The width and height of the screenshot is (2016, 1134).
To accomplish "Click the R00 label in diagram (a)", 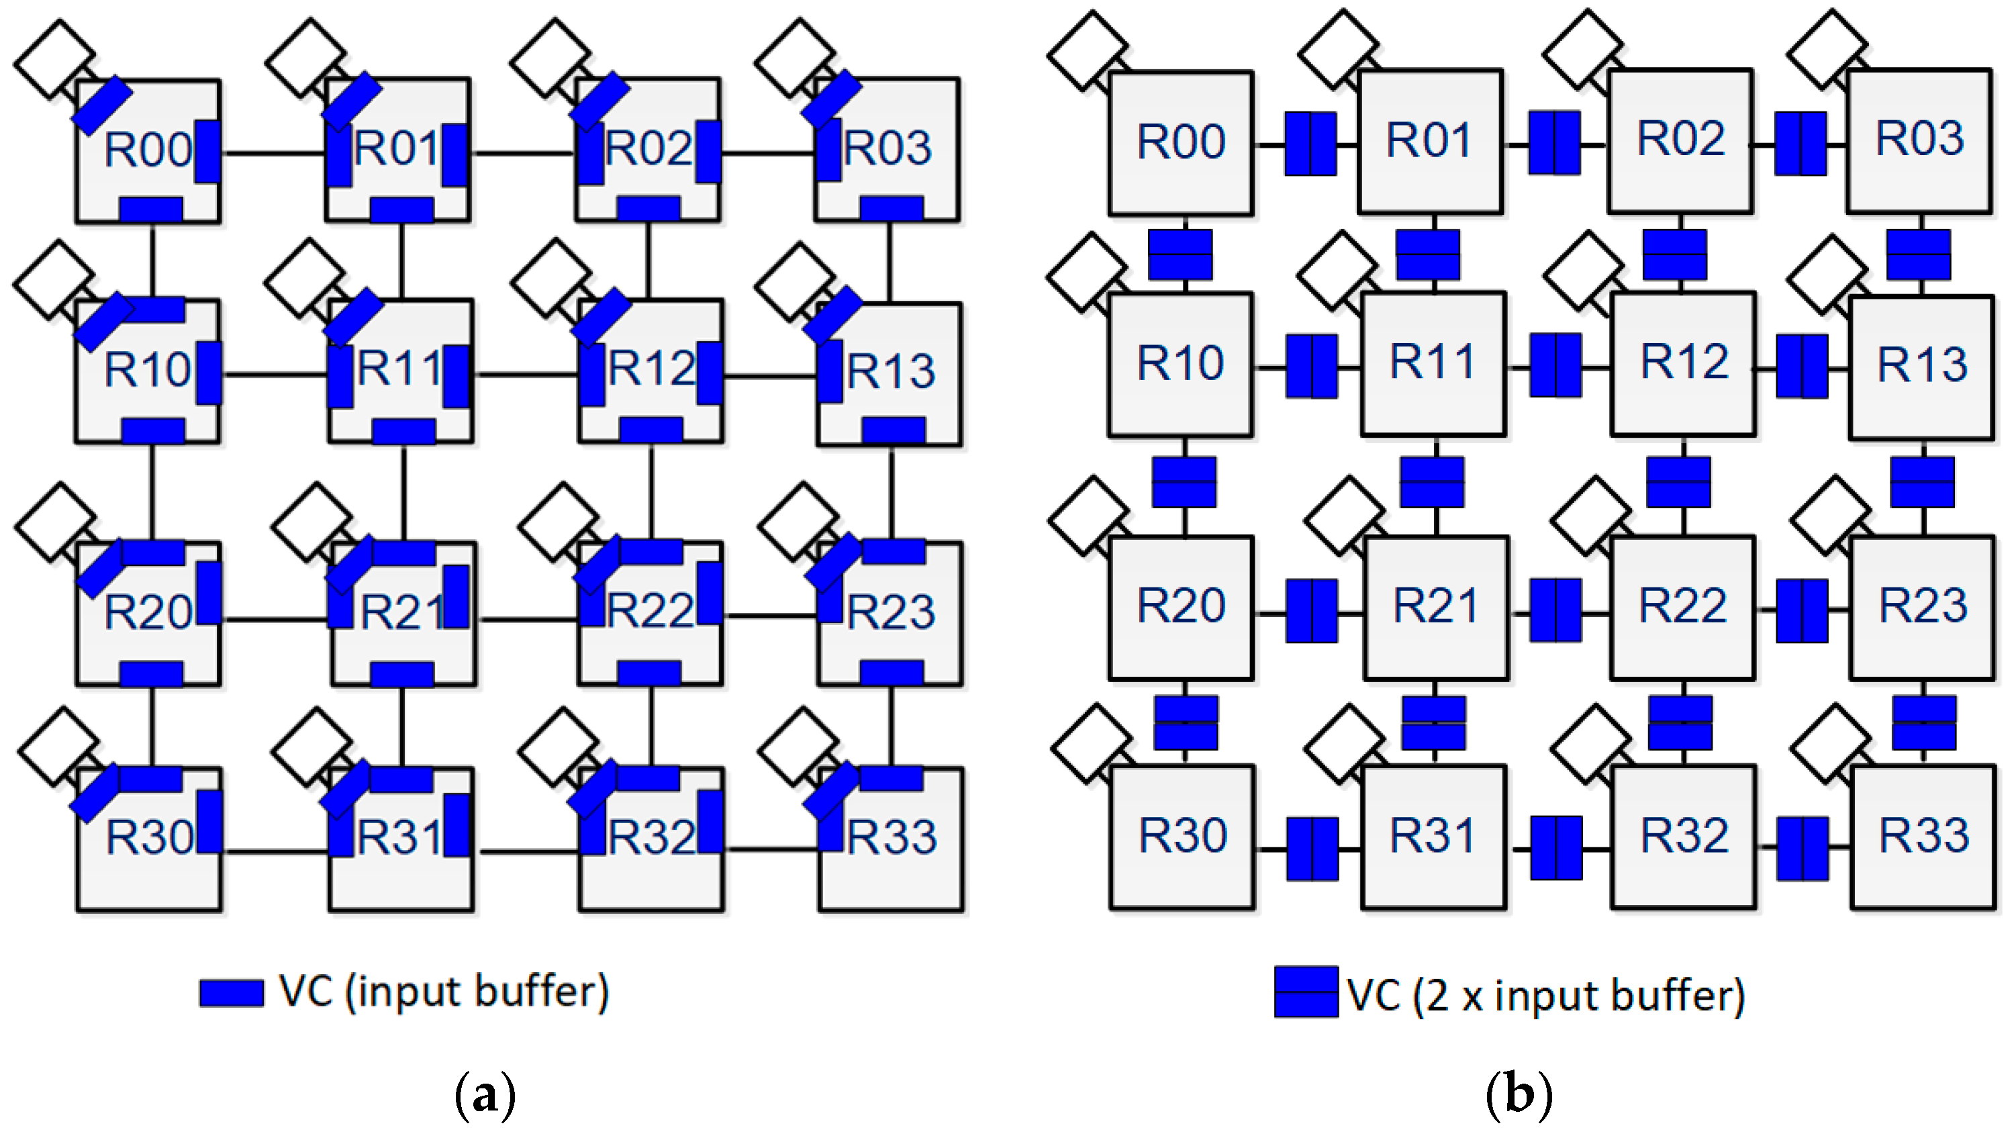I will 148,150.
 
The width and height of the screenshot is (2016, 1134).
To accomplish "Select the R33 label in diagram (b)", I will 1923,835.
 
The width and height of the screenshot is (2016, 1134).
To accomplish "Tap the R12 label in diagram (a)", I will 651,368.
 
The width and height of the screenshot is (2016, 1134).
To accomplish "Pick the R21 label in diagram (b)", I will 1435,605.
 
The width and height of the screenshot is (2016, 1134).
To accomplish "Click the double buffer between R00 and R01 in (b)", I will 1310,143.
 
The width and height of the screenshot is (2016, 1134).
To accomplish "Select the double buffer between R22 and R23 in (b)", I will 1802,610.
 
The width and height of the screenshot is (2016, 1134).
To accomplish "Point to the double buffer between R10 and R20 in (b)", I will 1184,481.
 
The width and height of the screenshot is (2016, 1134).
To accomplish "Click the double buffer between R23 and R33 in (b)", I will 1923,722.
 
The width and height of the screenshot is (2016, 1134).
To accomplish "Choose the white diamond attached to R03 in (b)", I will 1827,48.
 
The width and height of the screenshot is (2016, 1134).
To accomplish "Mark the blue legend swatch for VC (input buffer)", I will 231,992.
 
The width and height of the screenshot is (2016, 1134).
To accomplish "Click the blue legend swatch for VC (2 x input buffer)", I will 1305,992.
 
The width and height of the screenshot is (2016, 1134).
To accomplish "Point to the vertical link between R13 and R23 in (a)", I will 891,493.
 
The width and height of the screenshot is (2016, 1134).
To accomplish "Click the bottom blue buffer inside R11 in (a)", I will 403,430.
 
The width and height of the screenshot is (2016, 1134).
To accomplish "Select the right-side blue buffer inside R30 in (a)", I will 209,821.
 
